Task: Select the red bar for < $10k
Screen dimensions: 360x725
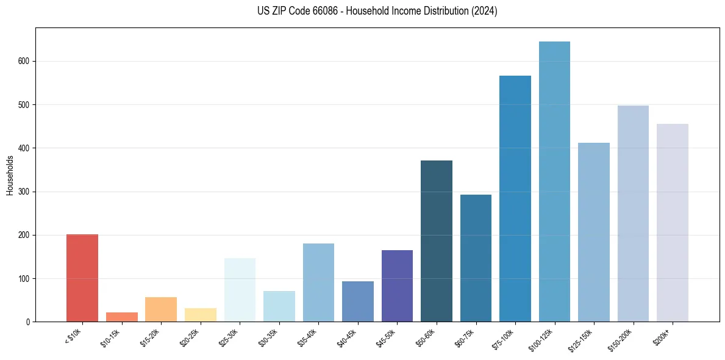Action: [82, 278]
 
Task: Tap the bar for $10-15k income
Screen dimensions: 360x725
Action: [122, 317]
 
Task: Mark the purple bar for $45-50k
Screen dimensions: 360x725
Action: [397, 286]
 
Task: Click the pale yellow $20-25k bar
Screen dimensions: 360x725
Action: [201, 315]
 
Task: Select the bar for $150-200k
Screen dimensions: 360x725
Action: [633, 214]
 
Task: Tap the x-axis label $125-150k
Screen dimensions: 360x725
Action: [583, 338]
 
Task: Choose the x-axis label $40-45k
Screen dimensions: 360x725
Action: [348, 336]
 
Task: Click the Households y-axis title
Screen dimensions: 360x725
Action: [10, 175]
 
